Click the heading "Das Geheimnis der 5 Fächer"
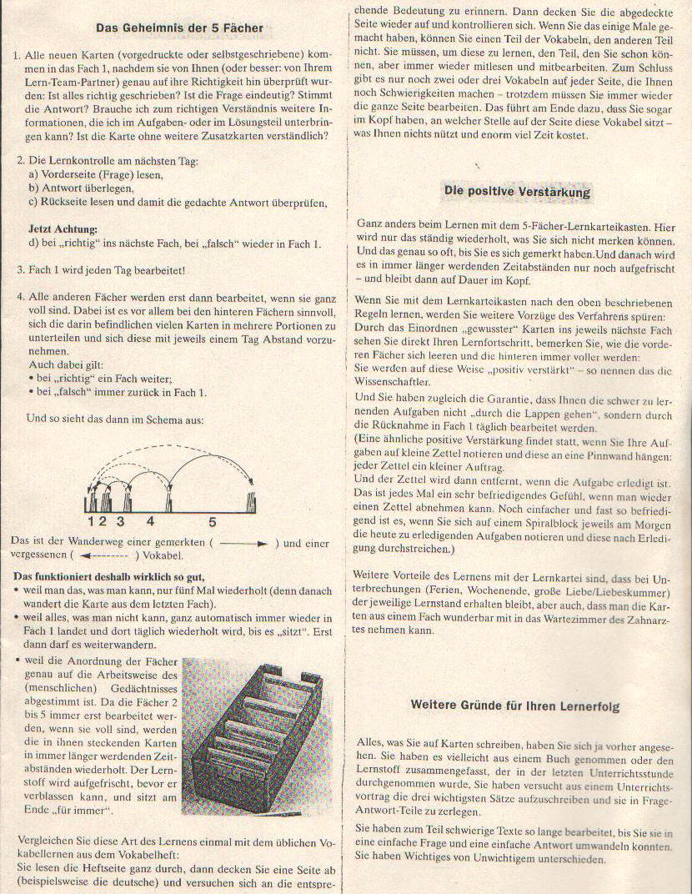click(x=180, y=28)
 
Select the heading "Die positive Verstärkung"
click(x=517, y=192)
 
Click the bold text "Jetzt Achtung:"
click(x=63, y=229)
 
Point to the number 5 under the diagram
click(x=213, y=522)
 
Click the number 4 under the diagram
click(x=150, y=522)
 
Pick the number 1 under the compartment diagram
click(x=90, y=522)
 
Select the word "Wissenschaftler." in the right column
click(x=394, y=382)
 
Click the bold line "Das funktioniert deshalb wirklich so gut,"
click(x=108, y=576)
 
